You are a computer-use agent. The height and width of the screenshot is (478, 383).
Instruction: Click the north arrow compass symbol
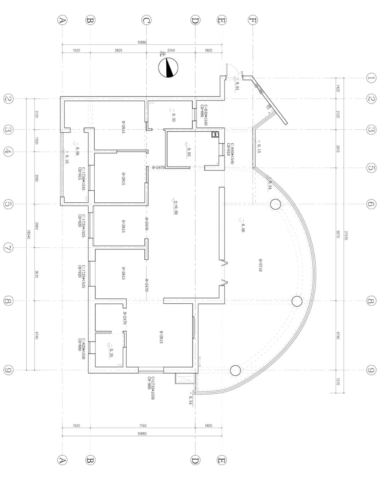point(168,68)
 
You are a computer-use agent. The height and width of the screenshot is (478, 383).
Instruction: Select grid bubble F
point(252,20)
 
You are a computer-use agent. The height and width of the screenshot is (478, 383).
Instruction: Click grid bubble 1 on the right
point(371,78)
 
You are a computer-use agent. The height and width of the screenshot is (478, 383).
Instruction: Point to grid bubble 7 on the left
point(8,248)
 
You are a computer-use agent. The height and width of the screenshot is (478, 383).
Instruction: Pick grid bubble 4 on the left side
point(8,152)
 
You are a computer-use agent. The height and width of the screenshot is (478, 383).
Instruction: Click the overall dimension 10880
point(142,42)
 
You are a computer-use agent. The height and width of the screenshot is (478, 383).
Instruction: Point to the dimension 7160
point(143,426)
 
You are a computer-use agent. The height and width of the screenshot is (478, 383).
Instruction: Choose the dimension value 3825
point(118,50)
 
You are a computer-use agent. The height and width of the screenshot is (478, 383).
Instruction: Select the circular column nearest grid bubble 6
point(275,204)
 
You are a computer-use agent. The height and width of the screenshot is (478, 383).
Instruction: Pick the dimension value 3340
point(171,50)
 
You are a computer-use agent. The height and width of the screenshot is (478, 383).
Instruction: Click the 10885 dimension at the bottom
point(142,433)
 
